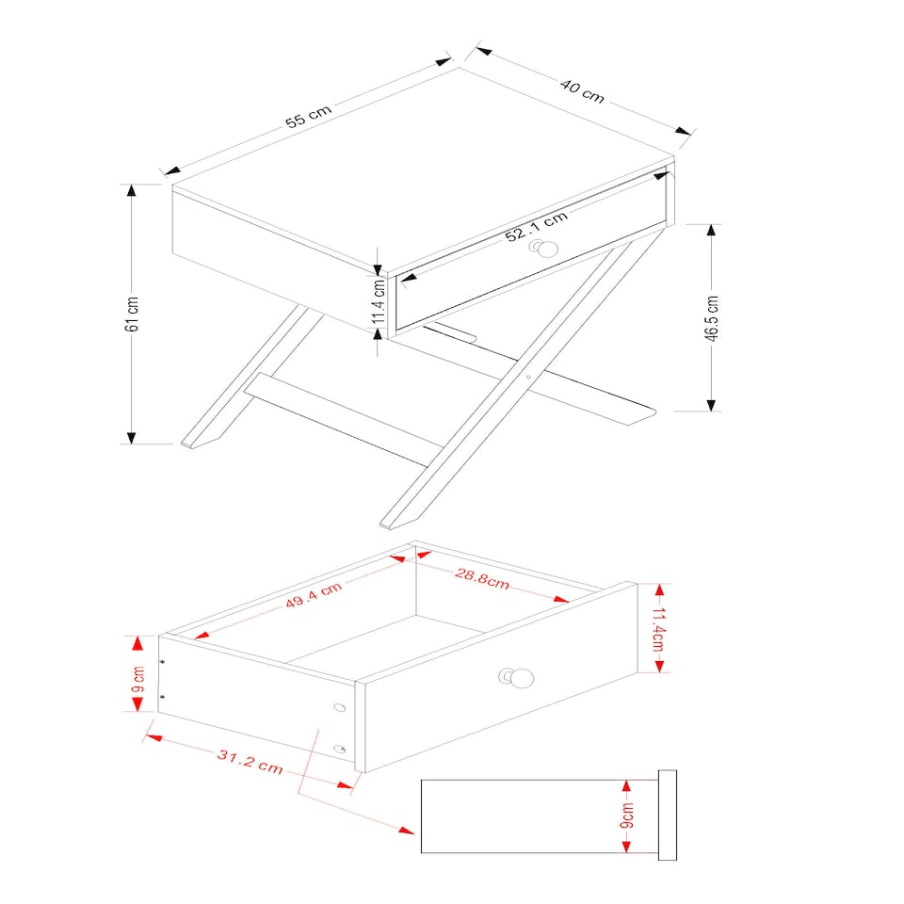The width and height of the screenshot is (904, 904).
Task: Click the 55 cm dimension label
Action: click(310, 117)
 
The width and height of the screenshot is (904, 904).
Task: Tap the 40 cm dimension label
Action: click(582, 90)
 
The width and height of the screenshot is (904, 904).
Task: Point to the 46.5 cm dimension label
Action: click(712, 318)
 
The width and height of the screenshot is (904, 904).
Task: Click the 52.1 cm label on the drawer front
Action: click(536, 228)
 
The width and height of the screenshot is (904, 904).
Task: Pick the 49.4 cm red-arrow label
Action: click(314, 597)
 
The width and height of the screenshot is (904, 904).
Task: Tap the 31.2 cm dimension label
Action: click(250, 761)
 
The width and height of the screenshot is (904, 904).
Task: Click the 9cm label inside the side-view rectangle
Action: click(628, 816)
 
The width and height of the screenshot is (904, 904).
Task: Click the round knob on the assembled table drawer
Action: click(543, 250)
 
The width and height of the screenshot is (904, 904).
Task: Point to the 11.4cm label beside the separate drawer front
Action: click(660, 628)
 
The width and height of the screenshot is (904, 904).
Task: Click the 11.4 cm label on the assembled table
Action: click(378, 299)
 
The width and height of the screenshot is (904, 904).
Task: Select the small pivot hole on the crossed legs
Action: click(528, 377)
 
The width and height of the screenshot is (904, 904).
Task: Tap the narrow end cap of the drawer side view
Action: click(668, 815)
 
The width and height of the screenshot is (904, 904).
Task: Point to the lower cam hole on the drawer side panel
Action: click(340, 750)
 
